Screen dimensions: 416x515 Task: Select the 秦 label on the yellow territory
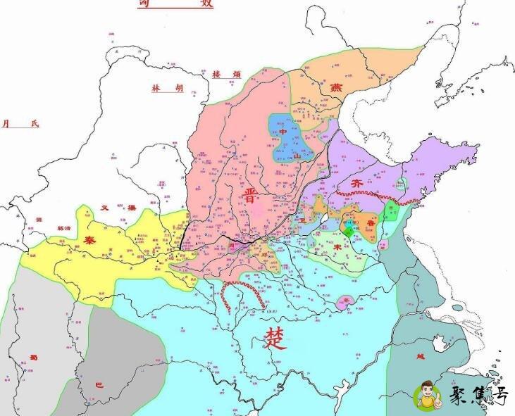pyautogui.click(x=91, y=239)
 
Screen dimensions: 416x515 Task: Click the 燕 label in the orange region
pyautogui.click(x=337, y=88)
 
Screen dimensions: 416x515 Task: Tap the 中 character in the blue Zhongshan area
pyautogui.click(x=283, y=132)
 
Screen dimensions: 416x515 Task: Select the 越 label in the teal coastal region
pyautogui.click(x=421, y=356)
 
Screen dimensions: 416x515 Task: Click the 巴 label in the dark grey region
pyautogui.click(x=99, y=385)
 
